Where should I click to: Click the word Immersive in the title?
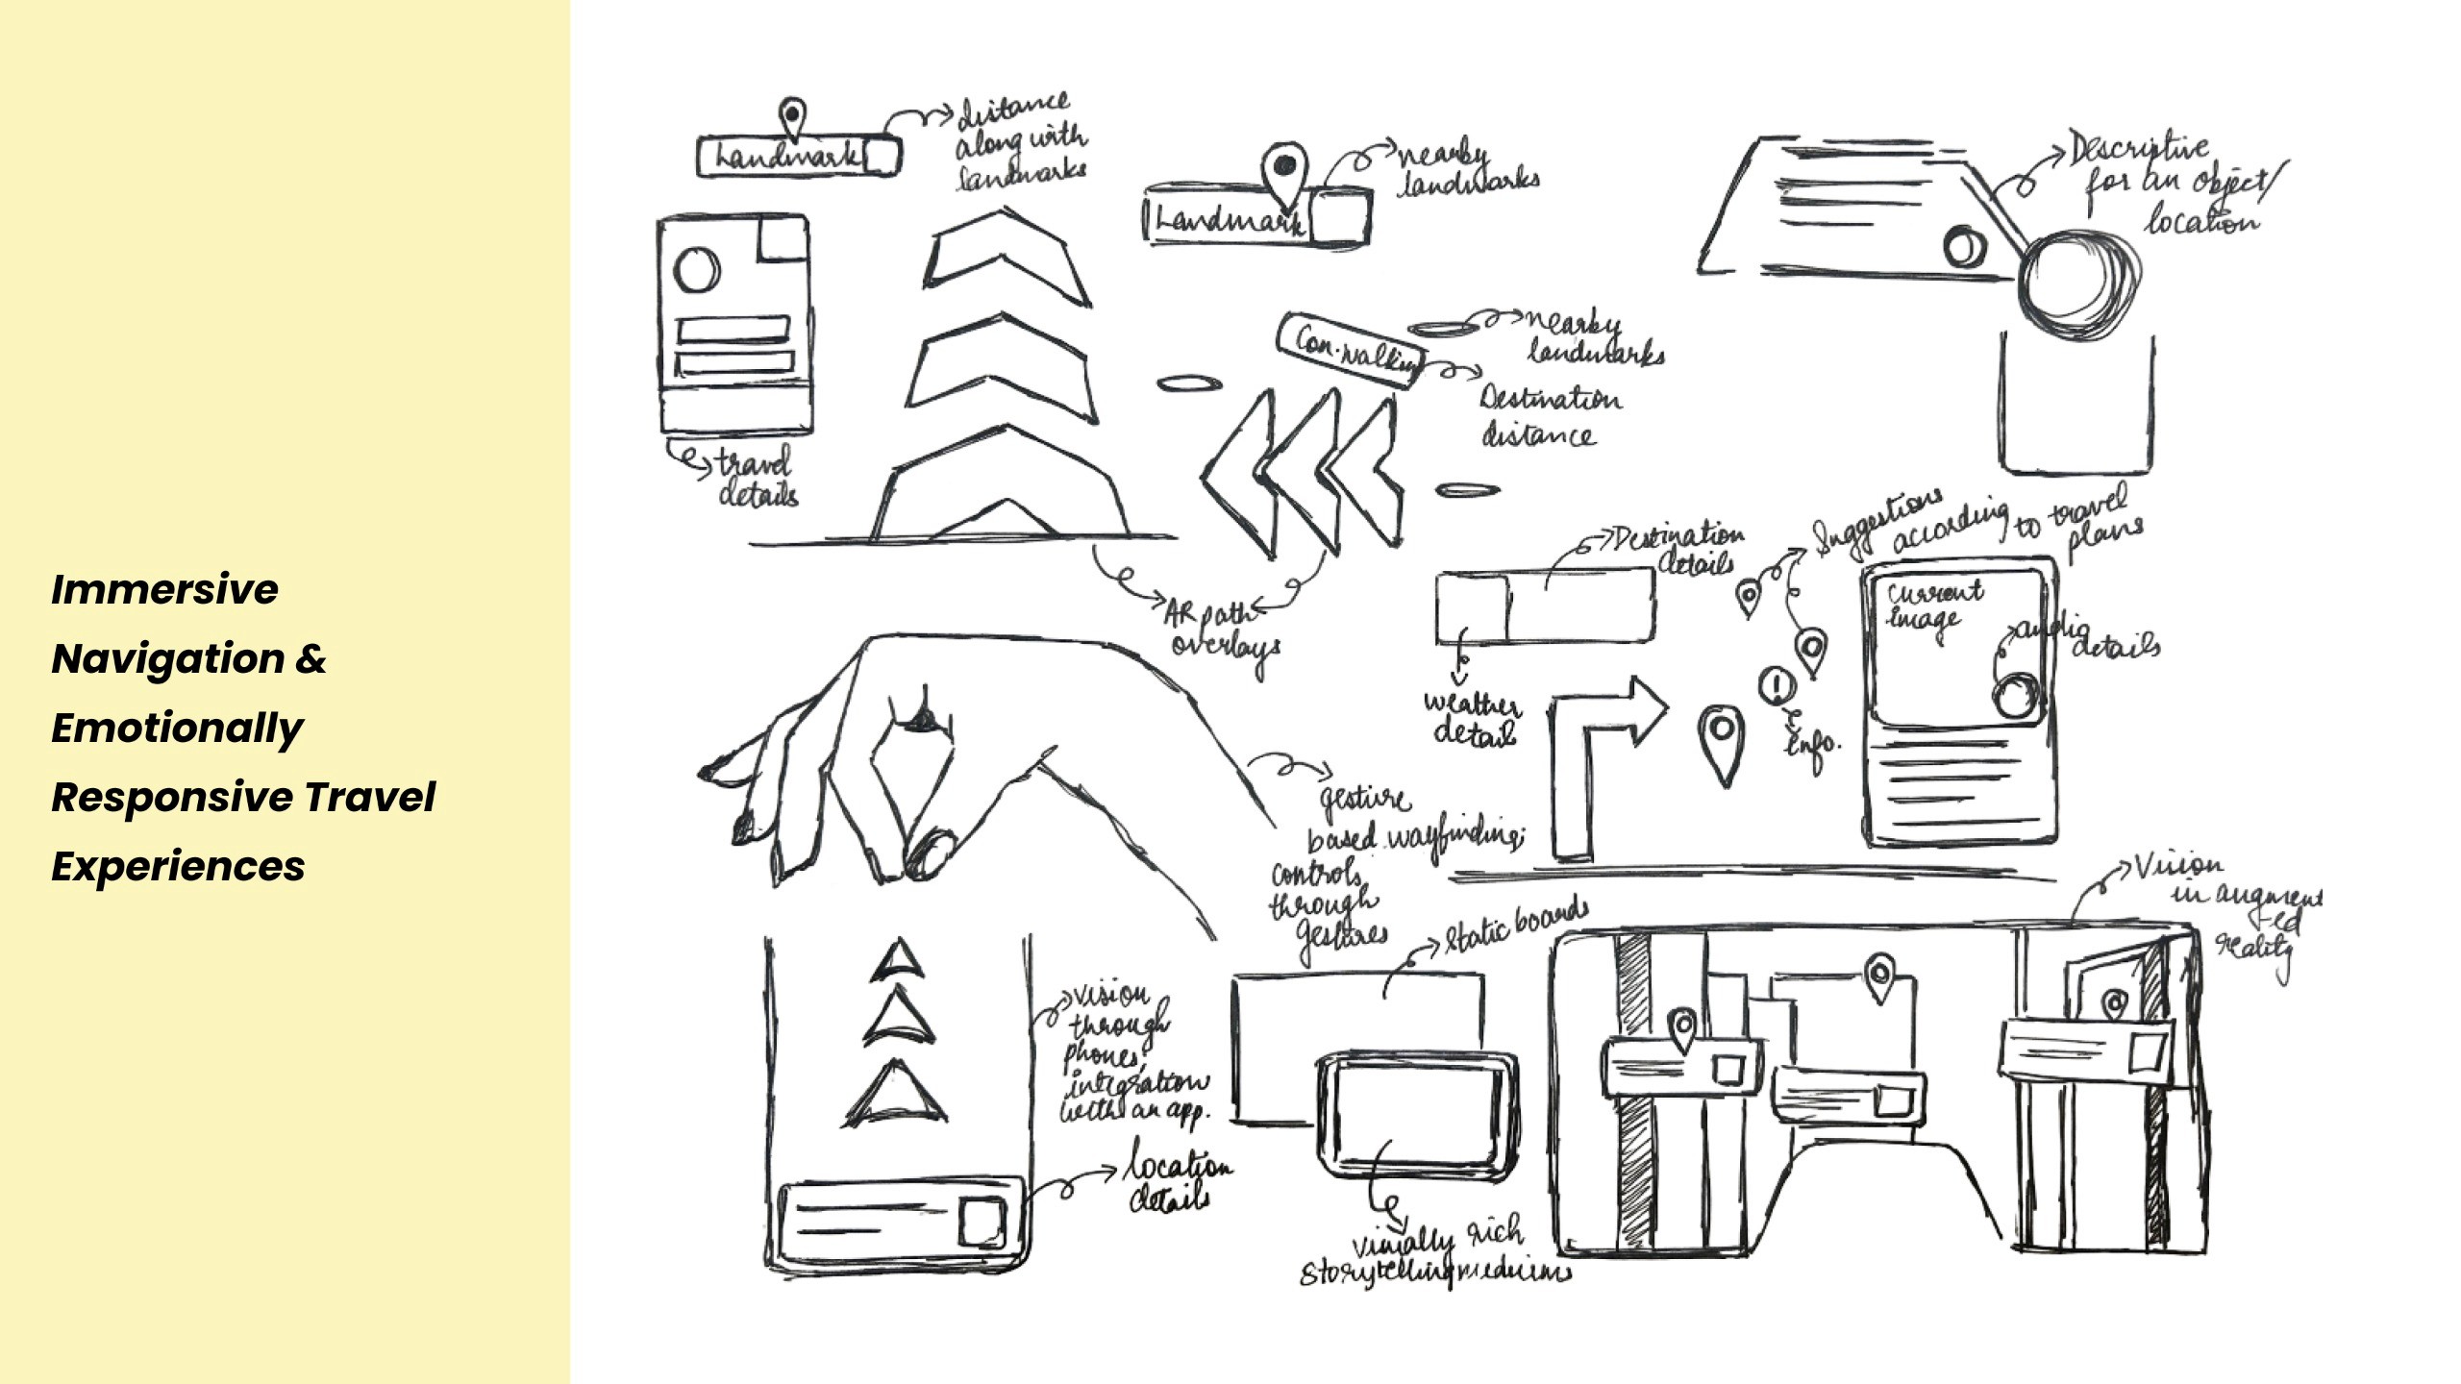point(164,589)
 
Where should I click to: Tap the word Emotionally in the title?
point(177,728)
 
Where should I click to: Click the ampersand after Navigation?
point(311,659)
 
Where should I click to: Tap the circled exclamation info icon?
point(1777,685)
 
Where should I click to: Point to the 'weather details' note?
point(1472,719)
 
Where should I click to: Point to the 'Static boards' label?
point(1515,927)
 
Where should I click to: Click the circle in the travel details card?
point(696,269)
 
